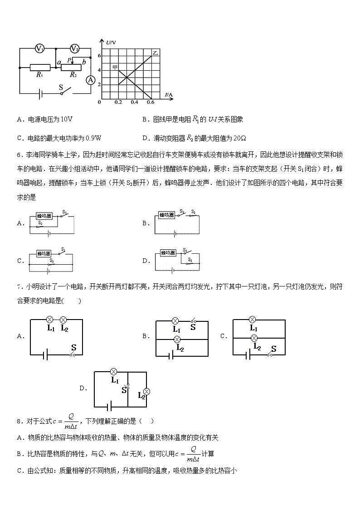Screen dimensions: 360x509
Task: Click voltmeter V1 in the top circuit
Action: (x=39, y=48)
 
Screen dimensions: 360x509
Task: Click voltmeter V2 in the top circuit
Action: (x=75, y=48)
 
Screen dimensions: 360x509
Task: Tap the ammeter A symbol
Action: (x=91, y=80)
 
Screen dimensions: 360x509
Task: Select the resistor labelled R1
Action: (x=40, y=68)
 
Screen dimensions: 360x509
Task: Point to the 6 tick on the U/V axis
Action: (x=99, y=55)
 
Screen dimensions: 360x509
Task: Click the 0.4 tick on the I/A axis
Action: (x=134, y=102)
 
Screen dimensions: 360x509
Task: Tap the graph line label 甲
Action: (x=115, y=68)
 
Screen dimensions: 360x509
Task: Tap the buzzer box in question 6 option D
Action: (x=169, y=253)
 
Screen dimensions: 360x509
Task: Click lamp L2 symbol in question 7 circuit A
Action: (x=63, y=320)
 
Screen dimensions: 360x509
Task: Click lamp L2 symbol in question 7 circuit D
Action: (x=146, y=391)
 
